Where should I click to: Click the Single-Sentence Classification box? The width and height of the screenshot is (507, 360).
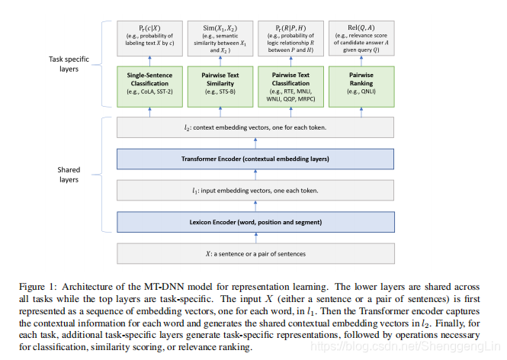coord(149,82)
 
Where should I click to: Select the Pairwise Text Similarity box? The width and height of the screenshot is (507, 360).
coord(219,82)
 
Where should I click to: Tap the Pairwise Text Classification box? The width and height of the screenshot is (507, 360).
coord(290,82)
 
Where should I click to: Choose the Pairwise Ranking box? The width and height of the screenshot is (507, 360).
coord(361,82)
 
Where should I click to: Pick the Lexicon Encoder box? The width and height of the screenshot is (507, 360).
coord(255,221)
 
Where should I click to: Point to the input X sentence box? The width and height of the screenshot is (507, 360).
coord(255,252)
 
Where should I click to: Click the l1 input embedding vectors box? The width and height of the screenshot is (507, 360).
coord(255,190)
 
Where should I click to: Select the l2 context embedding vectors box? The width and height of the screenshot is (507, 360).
coord(255,127)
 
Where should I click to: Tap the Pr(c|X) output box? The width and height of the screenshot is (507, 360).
coord(149,39)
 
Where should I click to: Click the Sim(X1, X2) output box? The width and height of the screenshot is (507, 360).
coord(219,39)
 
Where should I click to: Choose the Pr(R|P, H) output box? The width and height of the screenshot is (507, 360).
coord(290,39)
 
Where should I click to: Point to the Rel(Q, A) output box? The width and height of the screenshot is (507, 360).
coord(361,39)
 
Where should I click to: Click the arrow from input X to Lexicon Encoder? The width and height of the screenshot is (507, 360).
coord(255,236)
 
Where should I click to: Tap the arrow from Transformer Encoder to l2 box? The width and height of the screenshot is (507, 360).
coord(255,143)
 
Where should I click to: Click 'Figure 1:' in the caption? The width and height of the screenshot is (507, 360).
coord(38,286)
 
